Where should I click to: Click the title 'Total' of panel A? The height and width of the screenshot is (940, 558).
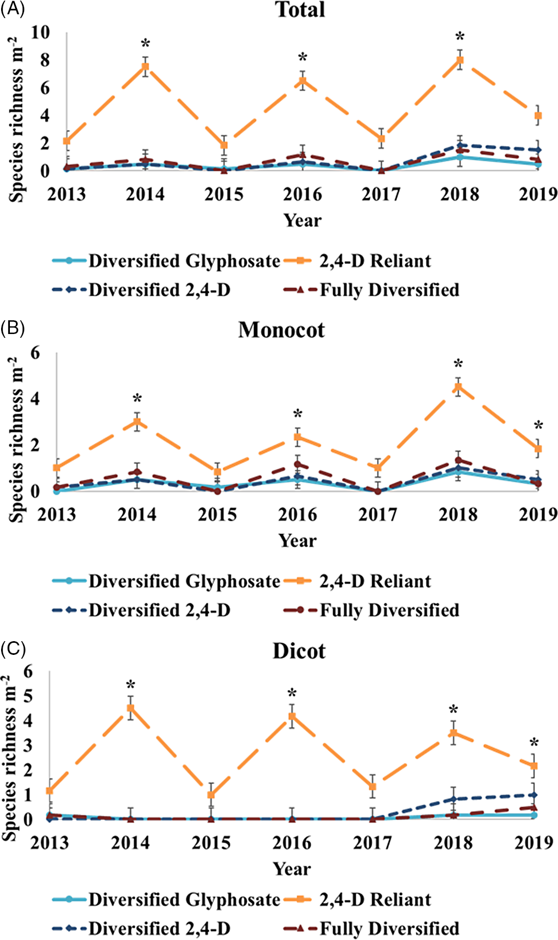pos(300,10)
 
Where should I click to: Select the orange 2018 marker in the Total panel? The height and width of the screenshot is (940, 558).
pos(460,60)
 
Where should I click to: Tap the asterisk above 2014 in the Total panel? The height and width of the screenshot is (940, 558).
pos(146,44)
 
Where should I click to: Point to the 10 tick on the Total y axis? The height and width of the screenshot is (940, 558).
pos(40,32)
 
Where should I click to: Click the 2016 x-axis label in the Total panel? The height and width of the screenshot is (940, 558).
pos(302,194)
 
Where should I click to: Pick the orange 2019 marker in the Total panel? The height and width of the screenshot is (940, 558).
pos(539,116)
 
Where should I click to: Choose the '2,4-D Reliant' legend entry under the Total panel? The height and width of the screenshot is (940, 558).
pos(375,260)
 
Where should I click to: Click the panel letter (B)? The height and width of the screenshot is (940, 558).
pos(12,328)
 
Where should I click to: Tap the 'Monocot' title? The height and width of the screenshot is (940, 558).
pos(281,330)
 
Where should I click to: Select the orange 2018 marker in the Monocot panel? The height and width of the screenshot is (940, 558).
pos(457,387)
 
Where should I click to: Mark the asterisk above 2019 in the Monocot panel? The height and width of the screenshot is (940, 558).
pos(539,426)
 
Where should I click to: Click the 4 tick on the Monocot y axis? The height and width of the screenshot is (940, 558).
pos(35,398)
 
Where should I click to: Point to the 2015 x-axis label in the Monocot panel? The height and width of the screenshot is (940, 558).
pos(217,514)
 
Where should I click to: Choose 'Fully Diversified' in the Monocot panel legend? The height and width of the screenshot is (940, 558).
pos(389,610)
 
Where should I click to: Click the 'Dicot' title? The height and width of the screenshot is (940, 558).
pos(299,651)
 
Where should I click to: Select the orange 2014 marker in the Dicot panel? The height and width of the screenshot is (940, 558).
pos(131,708)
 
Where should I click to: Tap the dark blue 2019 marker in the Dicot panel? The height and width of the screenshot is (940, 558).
pos(533,795)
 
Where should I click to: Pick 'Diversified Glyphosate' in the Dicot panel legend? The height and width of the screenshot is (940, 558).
pos(184,899)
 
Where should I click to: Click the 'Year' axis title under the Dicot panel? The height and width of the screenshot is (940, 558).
pos(292,869)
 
